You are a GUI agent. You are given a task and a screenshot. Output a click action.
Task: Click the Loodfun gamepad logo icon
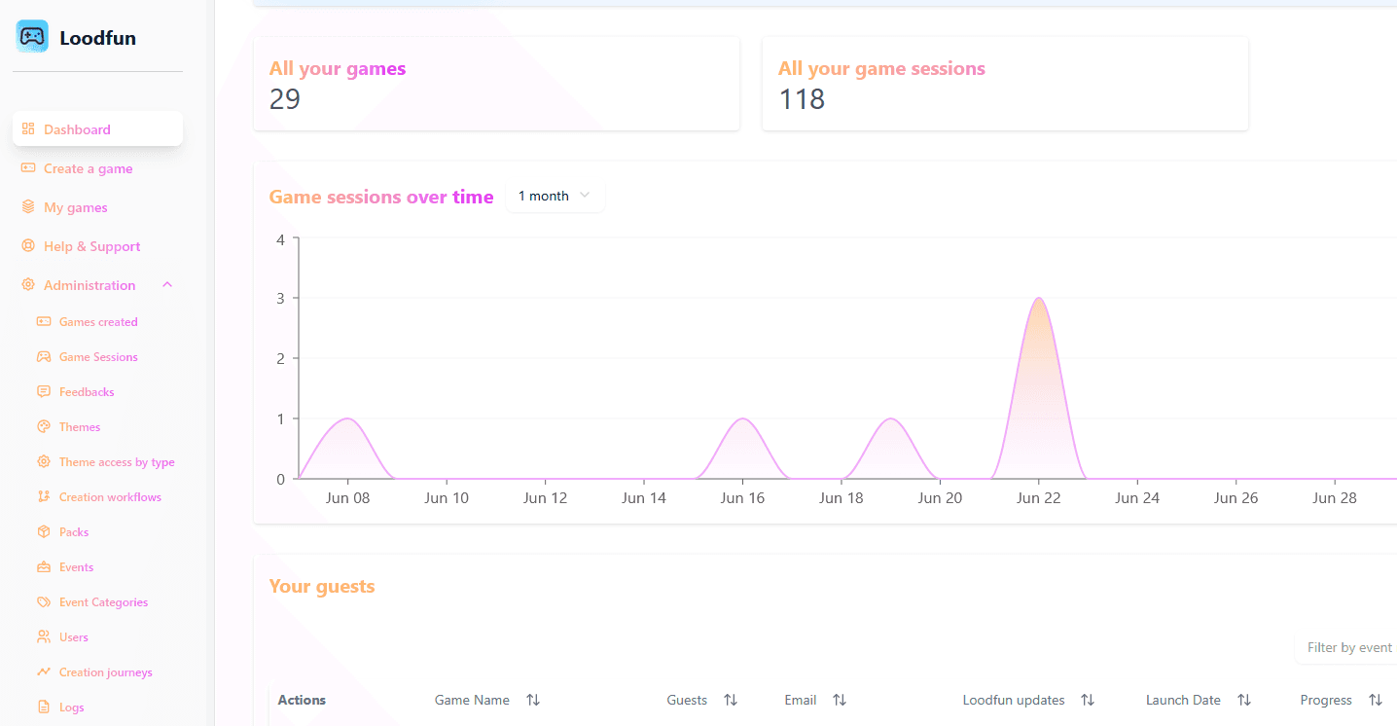(32, 36)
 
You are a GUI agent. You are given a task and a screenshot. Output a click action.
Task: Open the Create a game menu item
(88, 168)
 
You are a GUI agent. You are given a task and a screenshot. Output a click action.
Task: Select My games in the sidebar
(76, 207)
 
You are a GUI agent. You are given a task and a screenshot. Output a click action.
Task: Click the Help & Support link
(91, 246)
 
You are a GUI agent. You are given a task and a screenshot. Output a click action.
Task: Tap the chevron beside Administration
(167, 285)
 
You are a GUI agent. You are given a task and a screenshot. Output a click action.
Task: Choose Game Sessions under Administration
(98, 357)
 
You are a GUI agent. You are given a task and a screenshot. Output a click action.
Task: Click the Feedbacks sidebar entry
(86, 391)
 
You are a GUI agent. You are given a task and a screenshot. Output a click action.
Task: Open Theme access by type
(117, 462)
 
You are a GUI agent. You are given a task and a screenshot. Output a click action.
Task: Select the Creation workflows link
(110, 497)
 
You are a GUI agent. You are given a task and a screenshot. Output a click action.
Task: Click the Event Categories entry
(103, 601)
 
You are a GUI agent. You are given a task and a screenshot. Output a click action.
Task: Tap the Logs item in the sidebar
(71, 708)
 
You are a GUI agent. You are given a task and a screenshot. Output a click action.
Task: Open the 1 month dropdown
(555, 196)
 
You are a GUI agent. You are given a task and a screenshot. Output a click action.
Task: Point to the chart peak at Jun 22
(1038, 298)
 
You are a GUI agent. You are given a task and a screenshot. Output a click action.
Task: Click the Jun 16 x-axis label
(742, 498)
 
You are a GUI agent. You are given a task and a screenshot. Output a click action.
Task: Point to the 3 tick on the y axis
(280, 298)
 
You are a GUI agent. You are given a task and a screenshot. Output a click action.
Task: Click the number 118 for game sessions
(802, 99)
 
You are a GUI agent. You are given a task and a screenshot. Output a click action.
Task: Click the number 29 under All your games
(285, 99)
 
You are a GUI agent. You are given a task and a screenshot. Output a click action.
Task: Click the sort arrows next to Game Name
(532, 700)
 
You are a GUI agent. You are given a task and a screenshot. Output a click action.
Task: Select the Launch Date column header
(1182, 700)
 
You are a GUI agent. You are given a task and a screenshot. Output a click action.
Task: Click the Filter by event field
(1347, 648)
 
